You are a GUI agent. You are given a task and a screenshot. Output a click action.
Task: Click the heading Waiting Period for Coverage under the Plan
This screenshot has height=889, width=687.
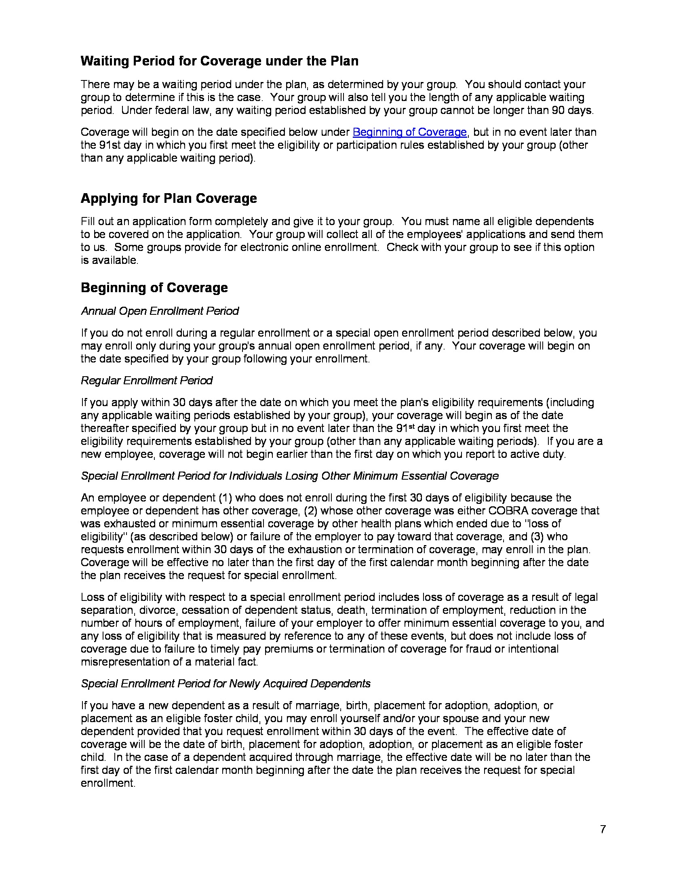click(x=219, y=61)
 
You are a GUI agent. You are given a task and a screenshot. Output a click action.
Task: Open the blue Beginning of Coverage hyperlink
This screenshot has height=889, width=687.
click(x=409, y=132)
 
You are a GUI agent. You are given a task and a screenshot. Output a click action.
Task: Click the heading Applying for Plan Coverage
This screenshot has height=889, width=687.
click(x=169, y=198)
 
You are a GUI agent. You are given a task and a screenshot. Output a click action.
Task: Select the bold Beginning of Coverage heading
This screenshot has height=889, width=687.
click(x=154, y=288)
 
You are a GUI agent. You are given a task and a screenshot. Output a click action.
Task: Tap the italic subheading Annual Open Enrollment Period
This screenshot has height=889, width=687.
click(x=160, y=311)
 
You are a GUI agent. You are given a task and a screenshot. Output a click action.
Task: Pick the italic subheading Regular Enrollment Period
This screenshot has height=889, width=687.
click(x=147, y=381)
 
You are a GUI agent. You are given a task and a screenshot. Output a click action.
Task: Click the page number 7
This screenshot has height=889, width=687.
click(x=603, y=829)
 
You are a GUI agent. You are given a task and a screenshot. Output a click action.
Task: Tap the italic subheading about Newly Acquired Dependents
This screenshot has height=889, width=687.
click(x=225, y=683)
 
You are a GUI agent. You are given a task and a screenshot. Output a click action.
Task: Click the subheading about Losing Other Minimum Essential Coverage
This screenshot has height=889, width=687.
click(x=289, y=476)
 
